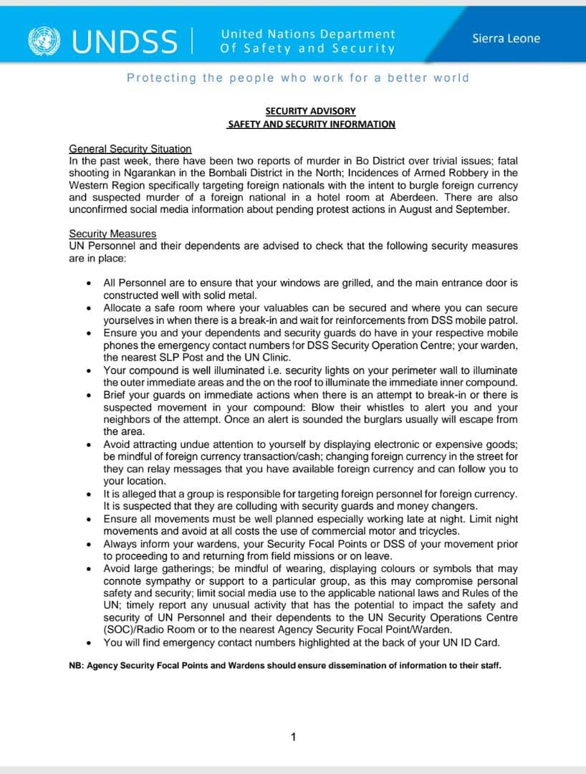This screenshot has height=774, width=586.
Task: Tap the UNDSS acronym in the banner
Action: pyautogui.click(x=123, y=41)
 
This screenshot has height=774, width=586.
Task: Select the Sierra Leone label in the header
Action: pyautogui.click(x=506, y=38)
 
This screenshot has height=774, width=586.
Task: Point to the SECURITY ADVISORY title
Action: pyautogui.click(x=310, y=111)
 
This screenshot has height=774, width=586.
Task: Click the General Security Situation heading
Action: pyautogui.click(x=130, y=148)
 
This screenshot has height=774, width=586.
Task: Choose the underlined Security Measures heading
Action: pyautogui.click(x=112, y=234)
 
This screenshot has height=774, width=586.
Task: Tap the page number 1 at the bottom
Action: pyautogui.click(x=293, y=737)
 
